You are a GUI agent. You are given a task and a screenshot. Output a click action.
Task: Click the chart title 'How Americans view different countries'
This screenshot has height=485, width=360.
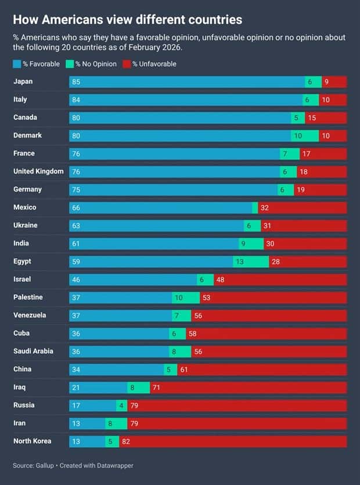pos(127,20)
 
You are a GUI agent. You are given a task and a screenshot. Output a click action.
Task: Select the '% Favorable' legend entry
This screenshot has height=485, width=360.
pos(36,64)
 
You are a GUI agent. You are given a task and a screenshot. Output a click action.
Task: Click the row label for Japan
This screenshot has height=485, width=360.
pos(24,82)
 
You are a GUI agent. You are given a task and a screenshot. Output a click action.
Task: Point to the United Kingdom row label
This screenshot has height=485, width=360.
pos(38,172)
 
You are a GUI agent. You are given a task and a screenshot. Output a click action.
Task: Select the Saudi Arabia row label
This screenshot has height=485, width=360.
pos(33,351)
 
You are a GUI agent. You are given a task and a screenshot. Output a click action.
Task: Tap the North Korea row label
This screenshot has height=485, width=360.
pos(32,441)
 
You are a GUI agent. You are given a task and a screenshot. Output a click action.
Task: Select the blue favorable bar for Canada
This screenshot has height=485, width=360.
pos(180,118)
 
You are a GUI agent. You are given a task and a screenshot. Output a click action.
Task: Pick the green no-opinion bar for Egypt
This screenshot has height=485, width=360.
pos(251,262)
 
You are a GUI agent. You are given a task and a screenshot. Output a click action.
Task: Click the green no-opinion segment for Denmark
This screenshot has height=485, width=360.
pos(305,136)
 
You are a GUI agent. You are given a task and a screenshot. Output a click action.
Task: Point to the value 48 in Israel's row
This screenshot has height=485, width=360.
pos(220,280)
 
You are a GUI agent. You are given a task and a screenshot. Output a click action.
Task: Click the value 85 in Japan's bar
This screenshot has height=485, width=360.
pos(76,82)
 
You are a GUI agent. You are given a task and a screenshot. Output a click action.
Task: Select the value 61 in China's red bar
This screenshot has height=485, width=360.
pos(183,370)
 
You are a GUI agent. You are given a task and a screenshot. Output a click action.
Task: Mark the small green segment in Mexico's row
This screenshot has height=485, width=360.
pos(255,208)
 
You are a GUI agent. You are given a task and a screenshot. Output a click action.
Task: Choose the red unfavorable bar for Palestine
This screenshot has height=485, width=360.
pos(273,298)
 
